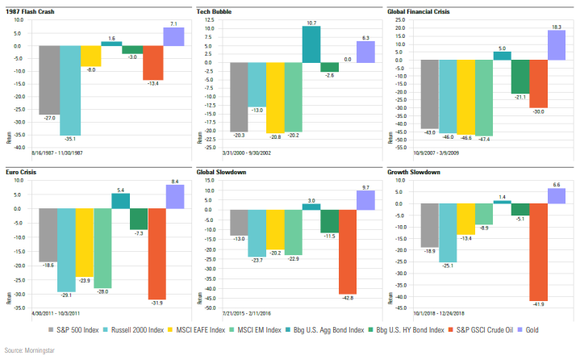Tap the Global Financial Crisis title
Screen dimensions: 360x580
tap(420, 12)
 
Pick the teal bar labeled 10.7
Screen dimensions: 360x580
tap(311, 44)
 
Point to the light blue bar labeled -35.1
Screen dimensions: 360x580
tap(69, 90)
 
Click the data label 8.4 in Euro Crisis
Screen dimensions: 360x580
tap(174, 182)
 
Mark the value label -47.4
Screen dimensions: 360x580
tap(484, 139)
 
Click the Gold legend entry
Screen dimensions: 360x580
tap(531, 330)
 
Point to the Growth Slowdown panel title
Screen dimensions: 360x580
tap(411, 172)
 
